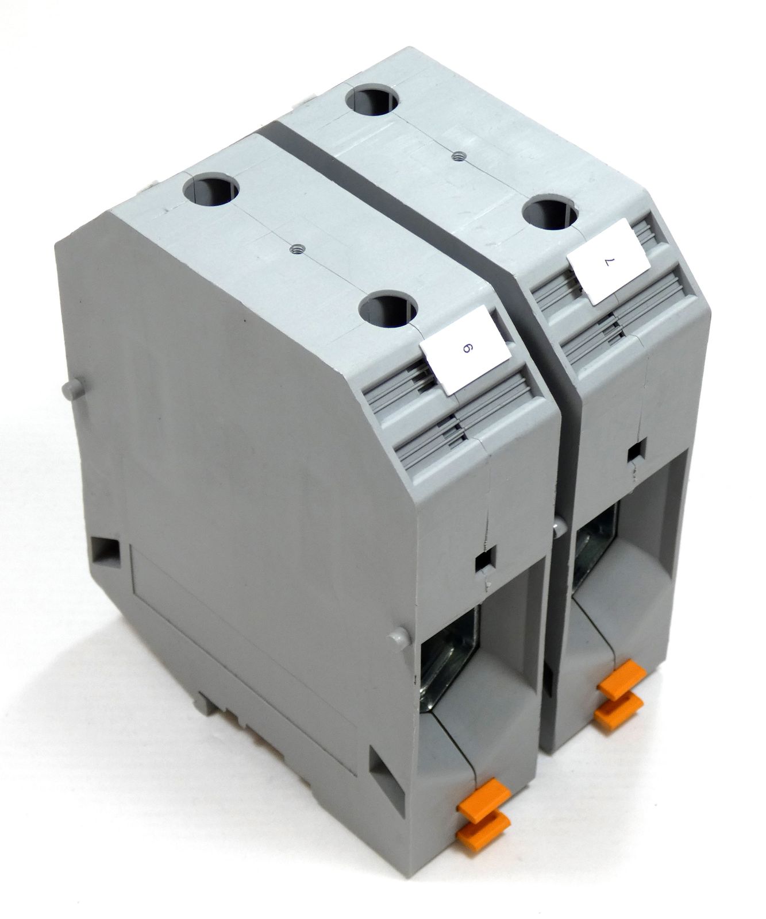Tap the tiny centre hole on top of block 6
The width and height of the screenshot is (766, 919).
297,248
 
